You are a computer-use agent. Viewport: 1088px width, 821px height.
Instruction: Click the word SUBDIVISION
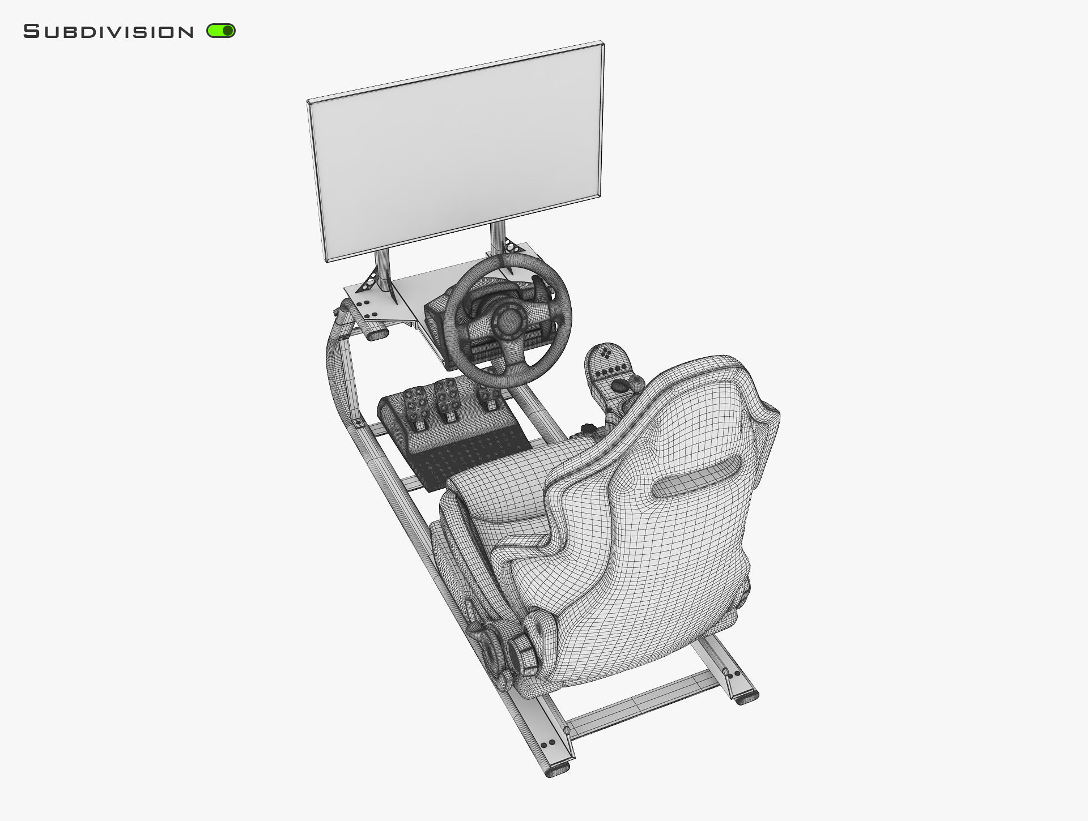pyautogui.click(x=109, y=32)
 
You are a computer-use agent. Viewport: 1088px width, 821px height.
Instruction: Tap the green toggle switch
pyautogui.click(x=221, y=31)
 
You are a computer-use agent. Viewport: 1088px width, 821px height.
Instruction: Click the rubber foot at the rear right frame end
pyautogui.click(x=747, y=698)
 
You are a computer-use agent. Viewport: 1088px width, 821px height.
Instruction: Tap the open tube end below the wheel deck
pyautogui.click(x=376, y=336)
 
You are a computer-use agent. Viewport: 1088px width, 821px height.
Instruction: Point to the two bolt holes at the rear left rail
pyautogui.click(x=549, y=743)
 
